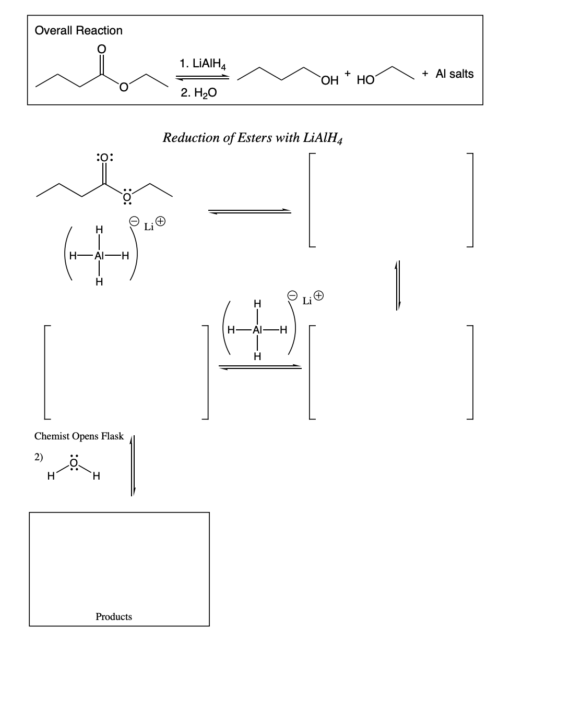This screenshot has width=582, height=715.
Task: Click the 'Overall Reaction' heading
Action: coord(78,30)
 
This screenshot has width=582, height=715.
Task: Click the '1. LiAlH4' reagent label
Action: coord(202,64)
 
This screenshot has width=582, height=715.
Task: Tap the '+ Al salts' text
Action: coord(448,74)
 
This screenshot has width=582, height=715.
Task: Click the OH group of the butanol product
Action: coord(330,80)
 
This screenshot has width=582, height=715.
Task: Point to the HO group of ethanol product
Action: coord(365,80)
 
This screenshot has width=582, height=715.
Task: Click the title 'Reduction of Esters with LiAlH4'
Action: coord(253,138)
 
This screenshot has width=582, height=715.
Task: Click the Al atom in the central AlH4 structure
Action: coord(257,330)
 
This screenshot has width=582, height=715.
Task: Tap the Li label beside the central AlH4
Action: coord(307,301)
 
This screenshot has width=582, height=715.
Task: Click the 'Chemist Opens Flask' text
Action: coord(79,436)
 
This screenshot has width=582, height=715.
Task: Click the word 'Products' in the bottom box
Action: coord(114,616)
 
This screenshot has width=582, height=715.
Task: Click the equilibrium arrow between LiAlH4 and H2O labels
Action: coord(202,78)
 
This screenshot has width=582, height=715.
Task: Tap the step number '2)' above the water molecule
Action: coord(38,457)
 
